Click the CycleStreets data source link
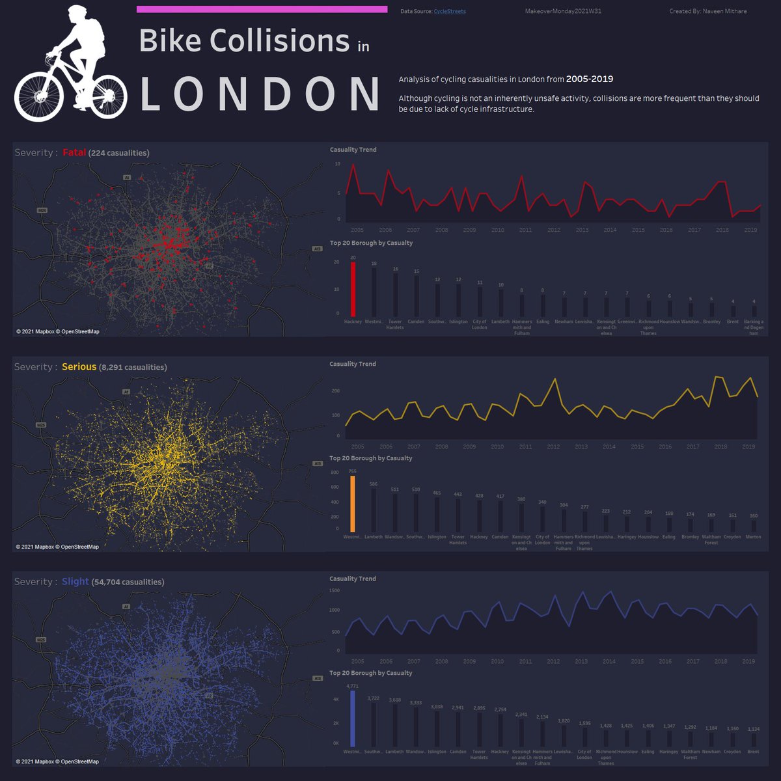(x=450, y=12)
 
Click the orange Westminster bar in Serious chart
(x=353, y=504)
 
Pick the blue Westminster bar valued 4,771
(x=353, y=719)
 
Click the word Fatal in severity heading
(x=74, y=152)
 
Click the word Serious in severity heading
(x=79, y=367)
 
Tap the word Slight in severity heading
(x=75, y=581)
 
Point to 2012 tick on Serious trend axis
(x=553, y=446)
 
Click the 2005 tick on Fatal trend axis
(x=357, y=230)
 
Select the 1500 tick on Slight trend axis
(x=334, y=591)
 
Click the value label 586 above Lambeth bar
(x=374, y=484)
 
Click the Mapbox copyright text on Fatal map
(x=58, y=332)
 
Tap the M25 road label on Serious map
(x=42, y=425)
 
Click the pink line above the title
(x=262, y=9)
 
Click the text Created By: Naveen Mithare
(x=708, y=12)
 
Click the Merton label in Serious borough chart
(x=753, y=537)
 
